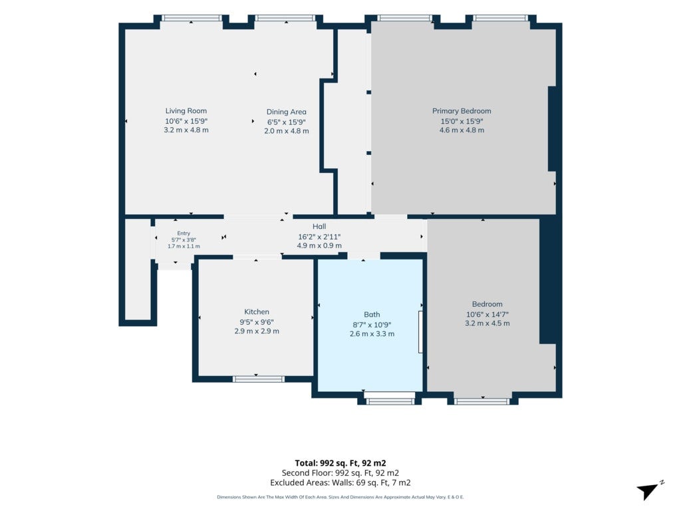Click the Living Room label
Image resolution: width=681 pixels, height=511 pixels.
186,111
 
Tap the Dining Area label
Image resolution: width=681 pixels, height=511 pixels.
286,112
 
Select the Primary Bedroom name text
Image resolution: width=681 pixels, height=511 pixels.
462,111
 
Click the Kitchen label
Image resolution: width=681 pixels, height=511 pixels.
257,311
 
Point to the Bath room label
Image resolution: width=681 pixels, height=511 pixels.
372,314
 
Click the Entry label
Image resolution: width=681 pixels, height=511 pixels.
184,234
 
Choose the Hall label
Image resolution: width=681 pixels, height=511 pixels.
319,226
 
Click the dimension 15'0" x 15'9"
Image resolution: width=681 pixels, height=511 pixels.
462,121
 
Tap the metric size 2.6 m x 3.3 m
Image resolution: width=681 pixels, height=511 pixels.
372,334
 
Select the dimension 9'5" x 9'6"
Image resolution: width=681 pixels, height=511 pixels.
257,322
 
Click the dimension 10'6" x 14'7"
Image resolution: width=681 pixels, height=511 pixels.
487,315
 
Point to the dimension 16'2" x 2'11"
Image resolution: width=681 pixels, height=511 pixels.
319,237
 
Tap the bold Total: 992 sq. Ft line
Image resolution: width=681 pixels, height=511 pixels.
340,463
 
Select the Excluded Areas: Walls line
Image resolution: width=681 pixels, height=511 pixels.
340,483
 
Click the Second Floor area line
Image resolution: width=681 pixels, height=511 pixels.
340,473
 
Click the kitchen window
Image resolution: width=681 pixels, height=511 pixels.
259,379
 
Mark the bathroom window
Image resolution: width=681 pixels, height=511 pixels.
390,401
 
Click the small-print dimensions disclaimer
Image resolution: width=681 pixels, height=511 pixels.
340,497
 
